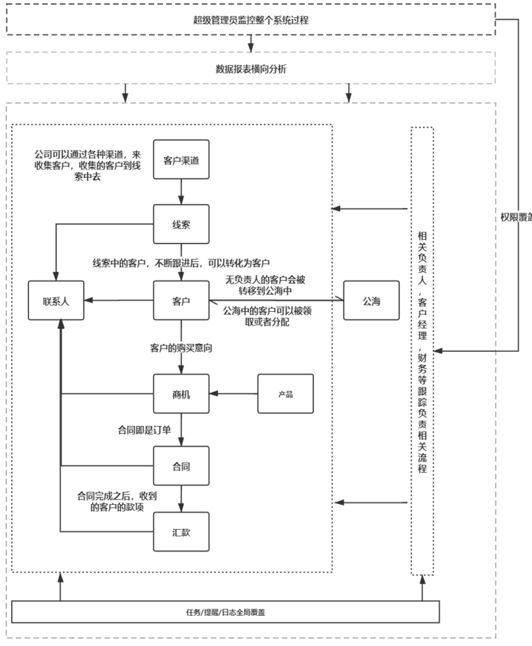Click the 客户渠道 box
182,160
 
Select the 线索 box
182,224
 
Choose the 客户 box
182,300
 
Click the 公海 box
371,300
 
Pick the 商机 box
182,395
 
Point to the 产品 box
286,395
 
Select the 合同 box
182,467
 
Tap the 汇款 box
182,532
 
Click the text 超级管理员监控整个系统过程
251,20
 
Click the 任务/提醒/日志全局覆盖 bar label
226,612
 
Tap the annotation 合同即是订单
144,430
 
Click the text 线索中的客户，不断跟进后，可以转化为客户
182,262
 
